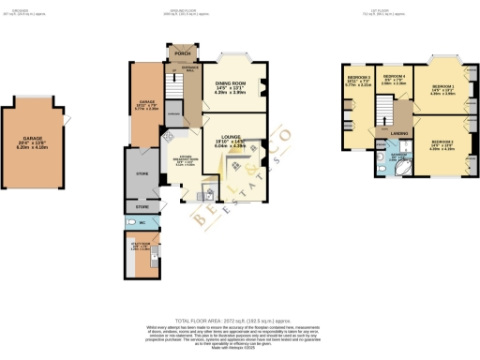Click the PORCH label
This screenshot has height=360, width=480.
pyautogui.click(x=181, y=53)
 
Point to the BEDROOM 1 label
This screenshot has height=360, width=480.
pyautogui.click(x=442, y=86)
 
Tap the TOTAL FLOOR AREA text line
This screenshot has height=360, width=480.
pyautogui.click(x=239, y=319)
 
